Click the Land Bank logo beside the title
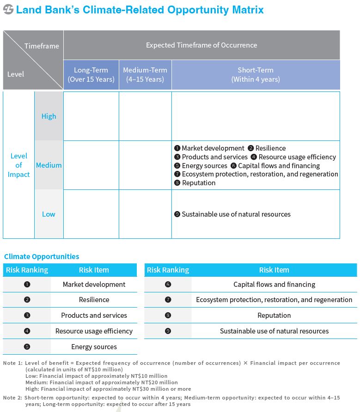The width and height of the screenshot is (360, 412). click(8, 10)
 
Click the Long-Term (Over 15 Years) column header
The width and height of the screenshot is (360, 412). click(91, 75)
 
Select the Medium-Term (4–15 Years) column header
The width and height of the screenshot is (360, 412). click(145, 75)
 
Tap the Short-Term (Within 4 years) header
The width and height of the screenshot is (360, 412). click(256, 75)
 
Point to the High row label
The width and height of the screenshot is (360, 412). click(49, 116)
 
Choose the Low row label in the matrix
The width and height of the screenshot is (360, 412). click(49, 214)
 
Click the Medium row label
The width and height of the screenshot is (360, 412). click(49, 165)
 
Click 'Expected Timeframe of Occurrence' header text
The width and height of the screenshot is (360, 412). click(201, 45)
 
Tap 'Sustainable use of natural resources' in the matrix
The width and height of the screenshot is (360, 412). click(236, 214)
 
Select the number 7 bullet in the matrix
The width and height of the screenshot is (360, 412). click(177, 174)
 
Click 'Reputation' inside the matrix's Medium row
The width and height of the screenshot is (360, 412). click(199, 183)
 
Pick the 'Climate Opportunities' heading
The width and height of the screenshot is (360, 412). click(42, 256)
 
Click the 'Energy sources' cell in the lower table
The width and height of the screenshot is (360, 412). click(94, 347)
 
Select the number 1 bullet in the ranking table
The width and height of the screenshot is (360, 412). click(27, 285)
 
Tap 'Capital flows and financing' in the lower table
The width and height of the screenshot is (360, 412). click(274, 285)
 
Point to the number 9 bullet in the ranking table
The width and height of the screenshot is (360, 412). click(168, 331)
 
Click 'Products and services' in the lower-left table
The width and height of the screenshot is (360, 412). click(94, 315)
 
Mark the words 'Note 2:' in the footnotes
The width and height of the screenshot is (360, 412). click(12, 398)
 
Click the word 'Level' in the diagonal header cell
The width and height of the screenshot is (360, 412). click(16, 74)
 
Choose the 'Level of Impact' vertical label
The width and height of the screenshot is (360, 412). click(18, 165)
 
